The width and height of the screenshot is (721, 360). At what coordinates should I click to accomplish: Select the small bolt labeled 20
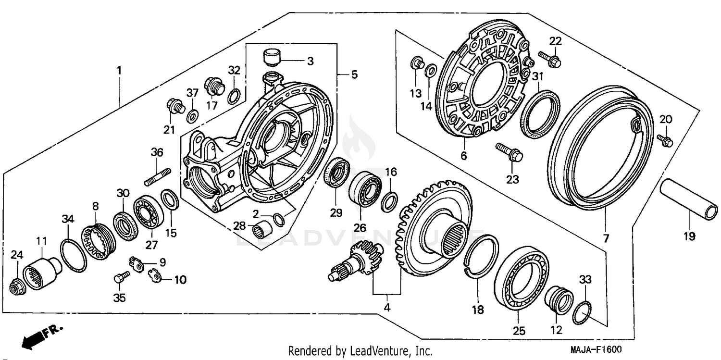(x=666, y=140)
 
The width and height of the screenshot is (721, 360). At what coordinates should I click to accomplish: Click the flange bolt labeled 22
(x=550, y=60)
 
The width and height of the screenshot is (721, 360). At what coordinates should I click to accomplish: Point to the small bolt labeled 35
(x=120, y=277)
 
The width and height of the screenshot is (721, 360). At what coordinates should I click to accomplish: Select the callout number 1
(x=119, y=70)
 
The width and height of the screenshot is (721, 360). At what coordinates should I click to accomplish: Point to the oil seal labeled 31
(x=541, y=113)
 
